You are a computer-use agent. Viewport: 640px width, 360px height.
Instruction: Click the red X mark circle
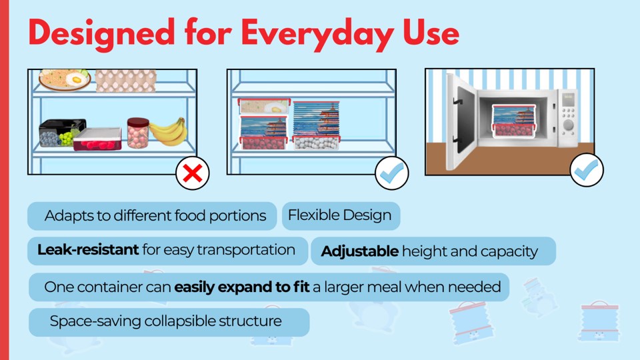pos(193,173)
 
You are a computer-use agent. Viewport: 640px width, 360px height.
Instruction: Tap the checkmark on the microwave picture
pos(587,170)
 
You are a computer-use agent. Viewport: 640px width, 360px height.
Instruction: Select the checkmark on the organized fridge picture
pos(392,173)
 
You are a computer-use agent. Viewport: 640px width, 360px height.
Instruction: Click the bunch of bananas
pos(169,131)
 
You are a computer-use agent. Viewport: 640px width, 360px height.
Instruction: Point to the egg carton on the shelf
pos(126,81)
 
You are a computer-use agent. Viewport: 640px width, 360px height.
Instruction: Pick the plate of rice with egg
pos(65,79)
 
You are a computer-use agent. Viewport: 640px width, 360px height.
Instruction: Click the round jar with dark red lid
pos(138,133)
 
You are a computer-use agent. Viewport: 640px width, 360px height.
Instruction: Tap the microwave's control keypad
pos(568,116)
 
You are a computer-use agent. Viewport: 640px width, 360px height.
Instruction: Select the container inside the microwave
pos(514,121)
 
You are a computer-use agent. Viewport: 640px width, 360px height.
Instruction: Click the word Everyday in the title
pos(317,34)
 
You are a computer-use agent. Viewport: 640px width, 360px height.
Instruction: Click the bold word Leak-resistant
pos(88,249)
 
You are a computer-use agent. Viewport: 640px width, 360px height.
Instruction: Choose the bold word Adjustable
pos(359,251)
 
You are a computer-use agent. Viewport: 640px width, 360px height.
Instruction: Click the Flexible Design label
pos(339,215)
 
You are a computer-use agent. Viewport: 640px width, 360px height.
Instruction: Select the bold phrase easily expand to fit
pos(241,287)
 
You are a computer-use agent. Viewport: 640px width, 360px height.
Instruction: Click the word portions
pos(237,216)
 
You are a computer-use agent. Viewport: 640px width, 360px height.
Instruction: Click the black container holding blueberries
pos(62,133)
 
